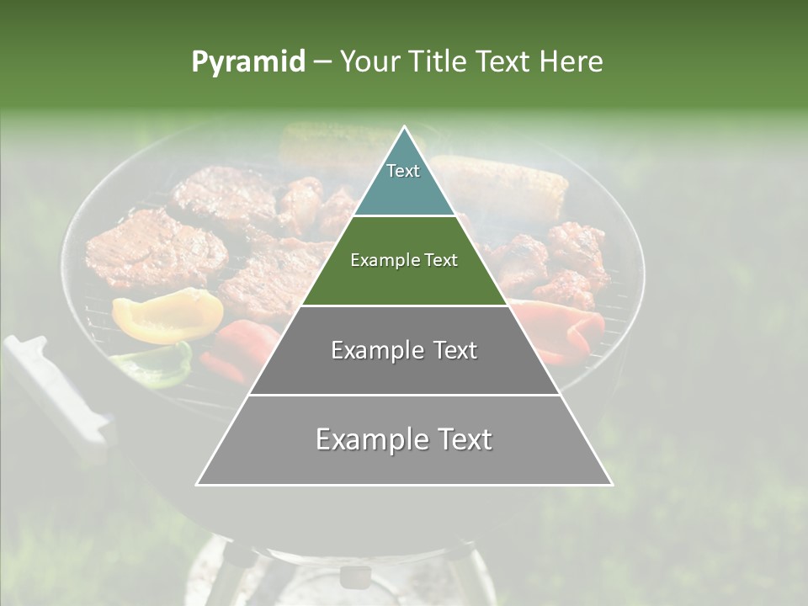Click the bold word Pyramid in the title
click(x=247, y=62)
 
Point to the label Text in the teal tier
click(x=403, y=171)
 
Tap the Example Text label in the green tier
click(x=404, y=260)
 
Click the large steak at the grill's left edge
click(x=156, y=248)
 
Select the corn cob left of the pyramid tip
click(x=328, y=143)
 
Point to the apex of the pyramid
click(x=404, y=129)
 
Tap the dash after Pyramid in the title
click(x=322, y=62)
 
